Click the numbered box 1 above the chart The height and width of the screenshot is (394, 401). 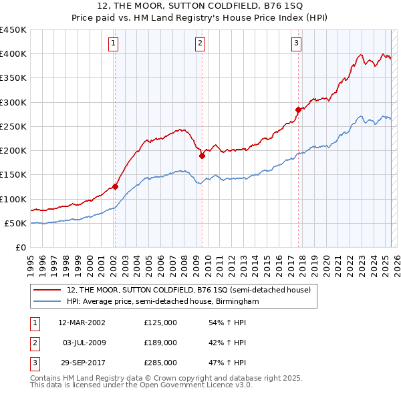(x=114, y=44)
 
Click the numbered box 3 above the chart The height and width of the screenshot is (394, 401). (x=296, y=44)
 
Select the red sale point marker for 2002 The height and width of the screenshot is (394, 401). (x=115, y=187)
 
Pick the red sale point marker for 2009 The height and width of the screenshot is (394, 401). (x=201, y=156)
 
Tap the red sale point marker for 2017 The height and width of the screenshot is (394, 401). (x=298, y=109)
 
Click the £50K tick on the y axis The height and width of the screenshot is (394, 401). (x=16, y=223)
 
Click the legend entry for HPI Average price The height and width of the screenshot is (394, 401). (x=162, y=302)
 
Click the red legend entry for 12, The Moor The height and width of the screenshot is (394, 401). (x=188, y=290)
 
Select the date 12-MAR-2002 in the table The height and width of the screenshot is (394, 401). (x=82, y=323)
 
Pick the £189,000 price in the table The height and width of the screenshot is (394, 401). (x=160, y=343)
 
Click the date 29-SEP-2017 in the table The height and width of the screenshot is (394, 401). (x=82, y=363)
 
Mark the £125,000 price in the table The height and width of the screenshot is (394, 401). (x=160, y=323)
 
